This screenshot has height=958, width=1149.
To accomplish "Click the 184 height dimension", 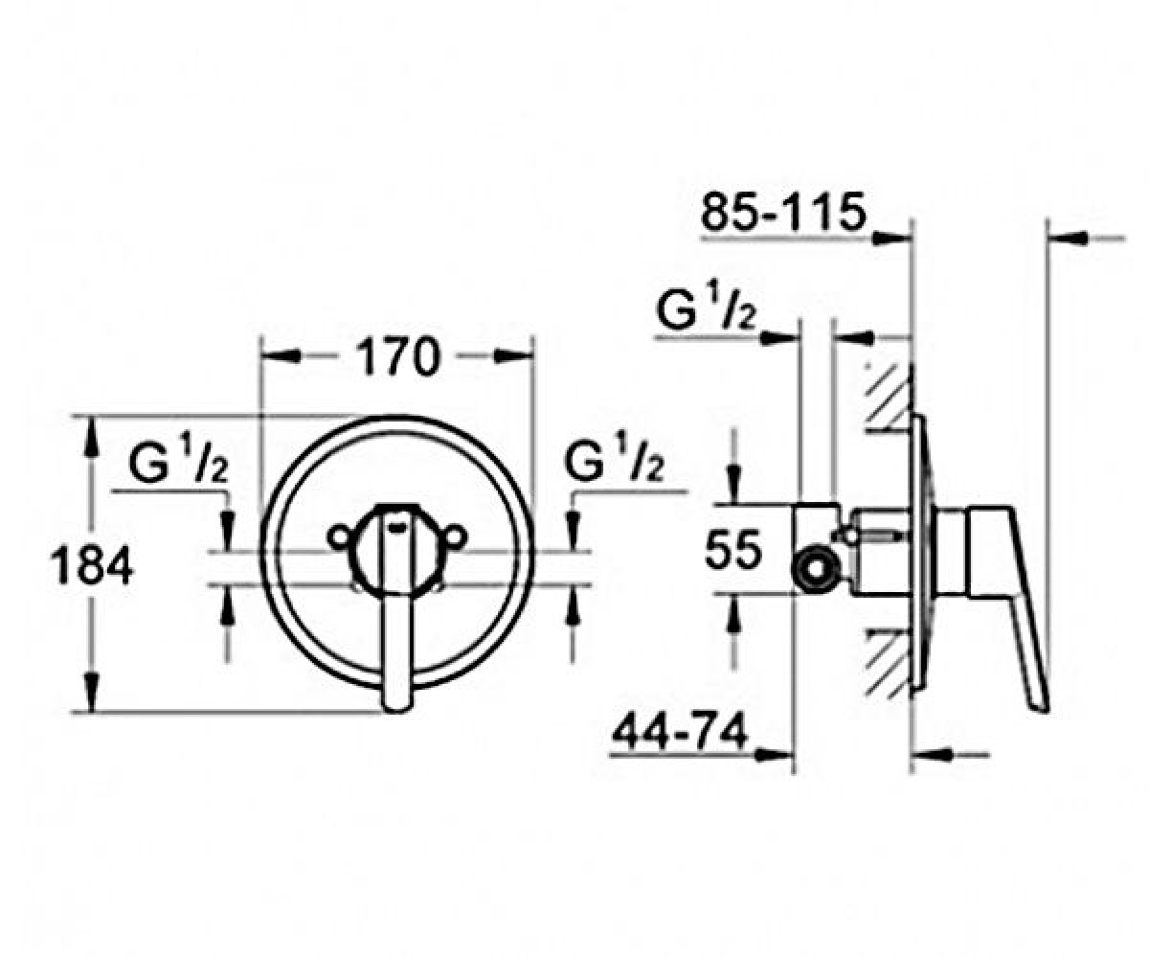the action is coord(91,565).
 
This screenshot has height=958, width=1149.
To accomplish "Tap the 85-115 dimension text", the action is coord(783,212).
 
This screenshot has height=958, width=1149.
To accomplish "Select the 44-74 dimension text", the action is coord(681,732).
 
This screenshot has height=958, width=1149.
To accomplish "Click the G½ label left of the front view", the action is coord(177,458).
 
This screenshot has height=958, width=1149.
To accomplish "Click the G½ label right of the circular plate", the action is coord(614,456).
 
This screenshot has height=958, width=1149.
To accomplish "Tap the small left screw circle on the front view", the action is coord(339,536).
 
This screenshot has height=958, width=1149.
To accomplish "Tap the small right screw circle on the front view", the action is coord(455,536).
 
